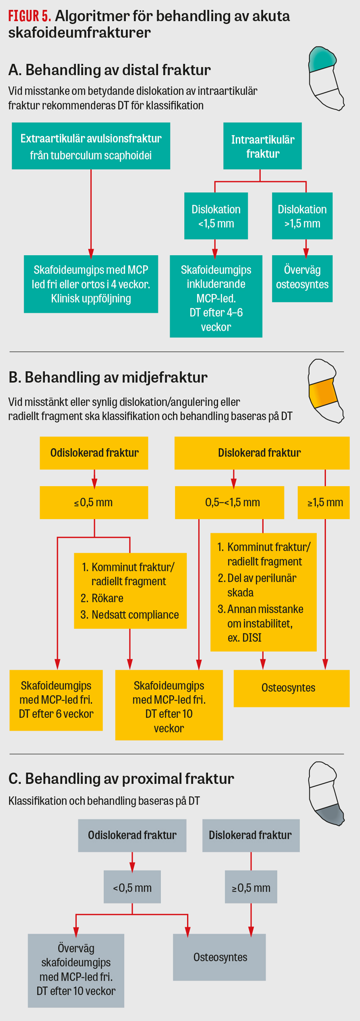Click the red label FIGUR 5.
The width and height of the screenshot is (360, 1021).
(x=29, y=16)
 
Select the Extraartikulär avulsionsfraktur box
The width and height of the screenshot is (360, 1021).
(x=91, y=146)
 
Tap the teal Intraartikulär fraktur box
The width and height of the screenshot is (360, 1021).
(x=262, y=146)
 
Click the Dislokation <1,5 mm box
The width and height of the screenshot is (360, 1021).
(x=216, y=216)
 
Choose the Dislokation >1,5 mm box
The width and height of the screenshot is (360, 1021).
(x=302, y=216)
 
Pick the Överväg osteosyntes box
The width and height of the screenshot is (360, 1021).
(x=302, y=278)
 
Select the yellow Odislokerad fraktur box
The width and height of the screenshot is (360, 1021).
(x=94, y=453)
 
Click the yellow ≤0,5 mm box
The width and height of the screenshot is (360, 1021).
(x=94, y=502)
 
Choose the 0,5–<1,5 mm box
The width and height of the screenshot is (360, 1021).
(x=229, y=502)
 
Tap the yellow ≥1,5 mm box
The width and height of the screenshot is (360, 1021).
(x=324, y=502)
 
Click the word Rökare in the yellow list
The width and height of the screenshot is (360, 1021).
(x=108, y=598)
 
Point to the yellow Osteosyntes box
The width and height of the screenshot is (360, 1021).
(x=291, y=688)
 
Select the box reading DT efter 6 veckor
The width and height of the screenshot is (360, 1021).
(x=56, y=700)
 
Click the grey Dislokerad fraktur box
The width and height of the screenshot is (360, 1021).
(x=251, y=835)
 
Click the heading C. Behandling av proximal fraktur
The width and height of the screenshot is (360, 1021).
(x=121, y=778)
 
